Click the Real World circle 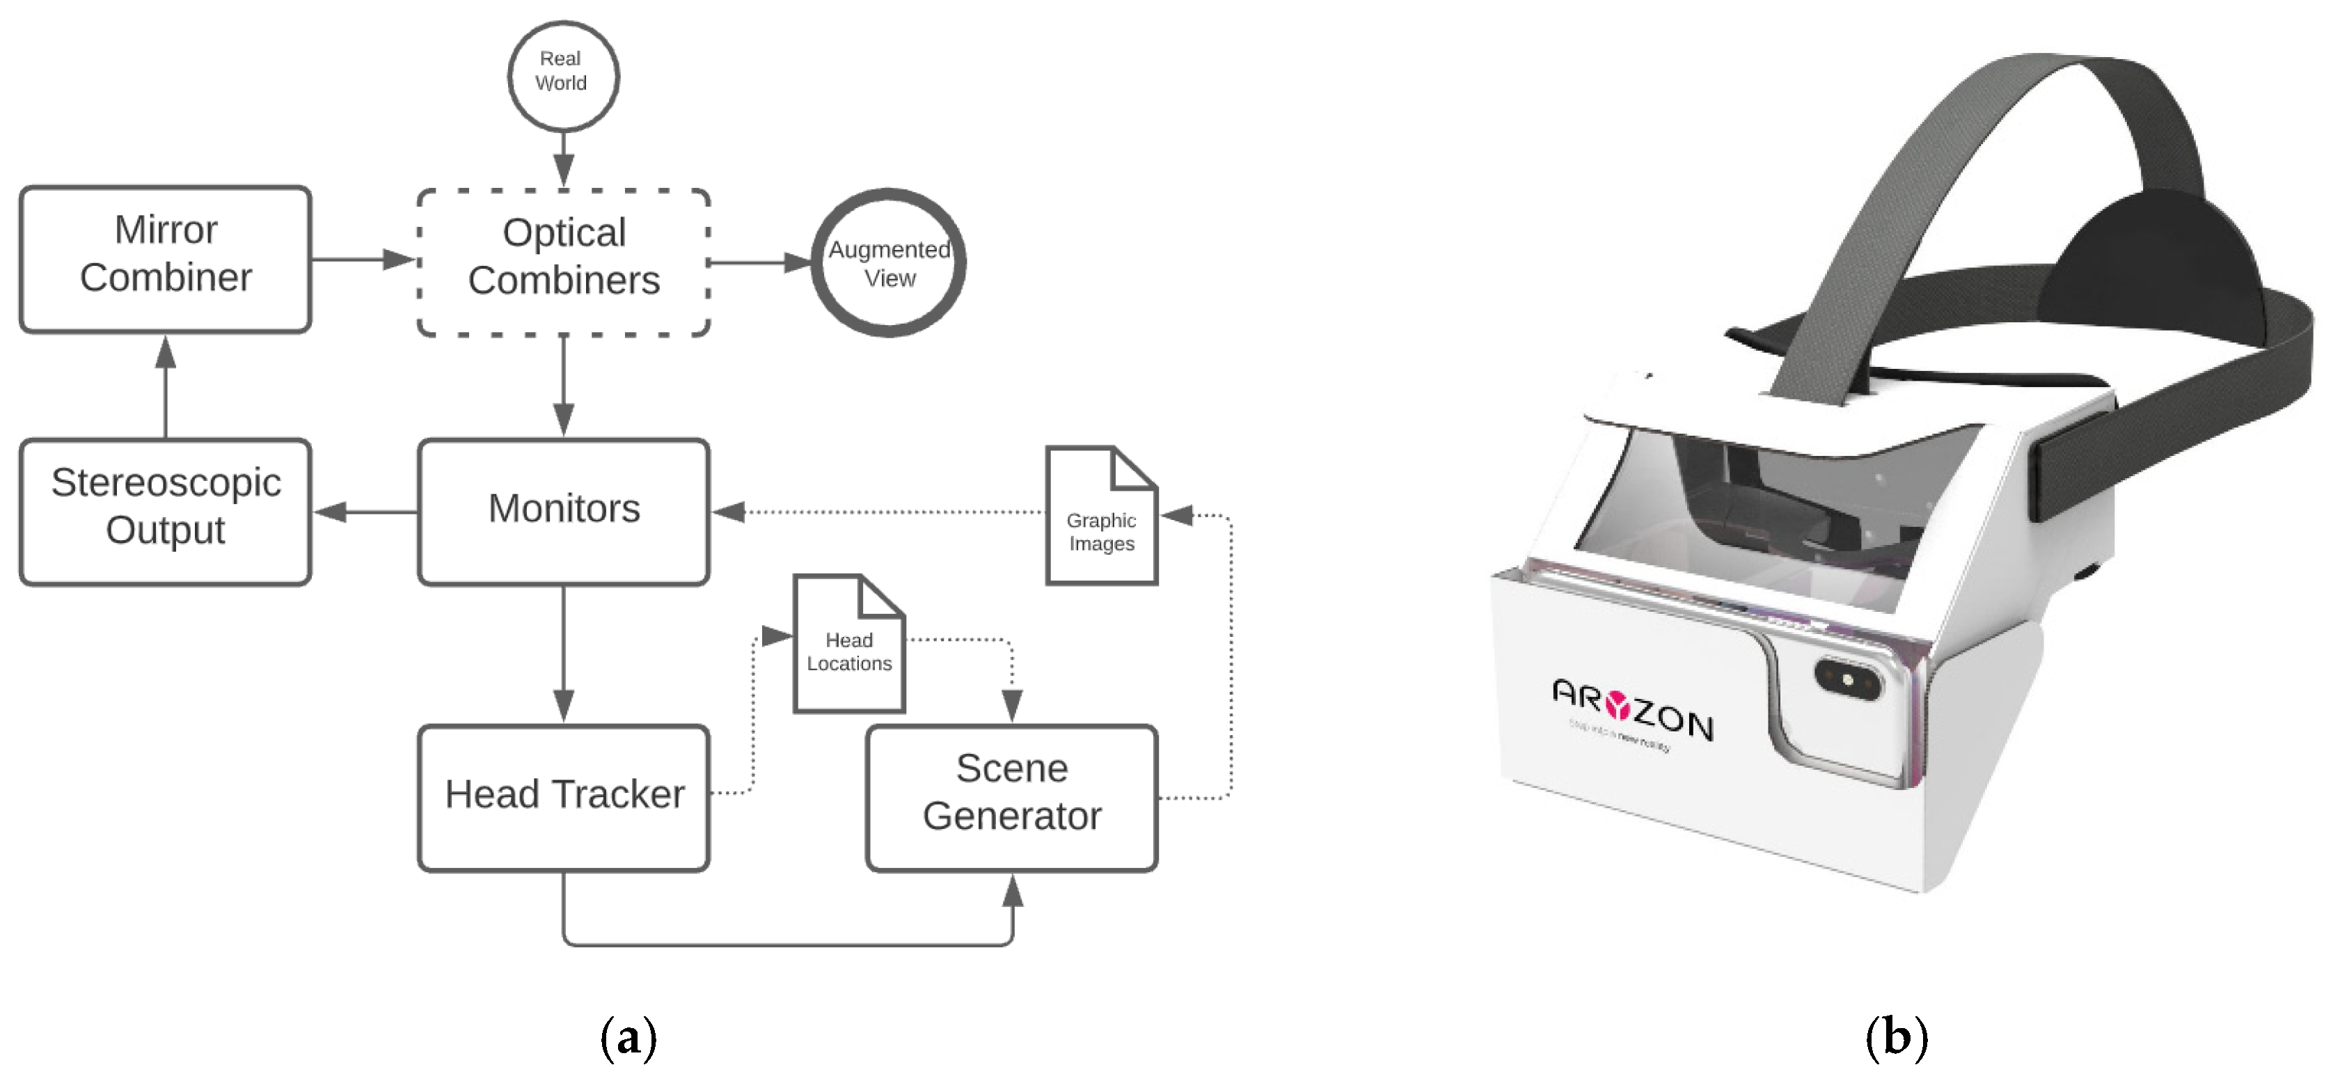562,76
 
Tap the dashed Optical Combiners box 563,263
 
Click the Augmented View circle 889,263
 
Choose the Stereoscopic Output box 166,512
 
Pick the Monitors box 563,512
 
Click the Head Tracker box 563,798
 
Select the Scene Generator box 1011,798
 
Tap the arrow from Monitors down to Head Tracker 563,652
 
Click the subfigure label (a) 628,1039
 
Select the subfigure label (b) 1896,1039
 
